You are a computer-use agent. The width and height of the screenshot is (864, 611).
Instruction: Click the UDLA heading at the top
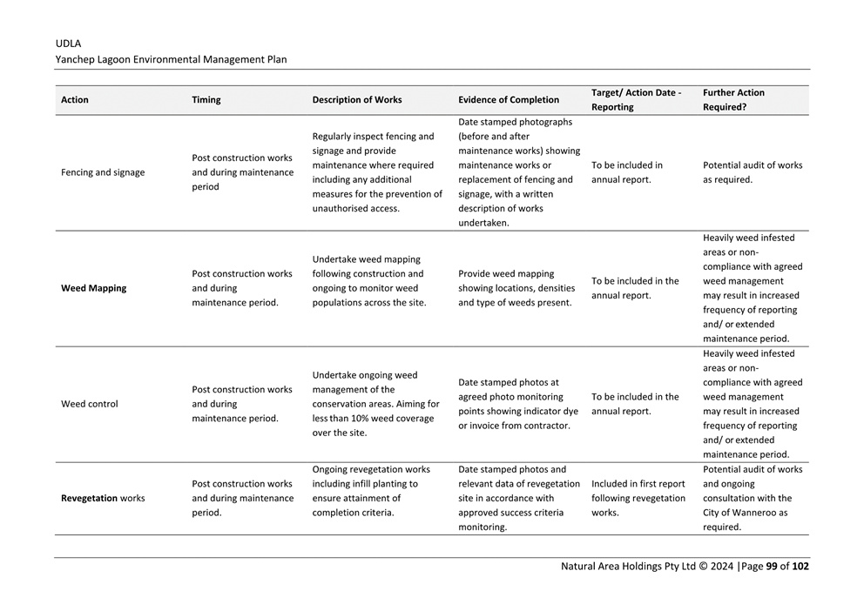click(68, 43)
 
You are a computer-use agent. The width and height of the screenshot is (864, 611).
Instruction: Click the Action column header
click(75, 100)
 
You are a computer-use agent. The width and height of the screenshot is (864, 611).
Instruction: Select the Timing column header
click(206, 100)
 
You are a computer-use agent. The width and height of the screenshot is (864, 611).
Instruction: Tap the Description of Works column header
click(357, 100)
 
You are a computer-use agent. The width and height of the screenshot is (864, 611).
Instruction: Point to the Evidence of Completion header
click(509, 100)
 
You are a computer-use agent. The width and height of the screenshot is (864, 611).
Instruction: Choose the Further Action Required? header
click(733, 100)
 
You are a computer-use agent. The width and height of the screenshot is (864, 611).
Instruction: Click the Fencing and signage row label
click(103, 172)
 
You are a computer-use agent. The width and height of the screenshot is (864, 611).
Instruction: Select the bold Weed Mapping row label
click(93, 288)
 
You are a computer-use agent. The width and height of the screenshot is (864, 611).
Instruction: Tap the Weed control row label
click(89, 404)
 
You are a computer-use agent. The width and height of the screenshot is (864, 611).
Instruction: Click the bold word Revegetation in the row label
click(89, 499)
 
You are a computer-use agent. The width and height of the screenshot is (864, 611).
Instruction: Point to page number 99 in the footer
click(772, 566)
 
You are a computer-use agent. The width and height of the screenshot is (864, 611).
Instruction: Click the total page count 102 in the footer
click(800, 566)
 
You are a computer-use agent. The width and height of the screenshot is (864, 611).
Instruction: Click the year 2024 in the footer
click(722, 566)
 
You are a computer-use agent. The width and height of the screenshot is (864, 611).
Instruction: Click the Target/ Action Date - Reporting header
click(636, 100)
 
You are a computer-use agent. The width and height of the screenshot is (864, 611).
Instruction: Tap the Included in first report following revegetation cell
click(638, 498)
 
